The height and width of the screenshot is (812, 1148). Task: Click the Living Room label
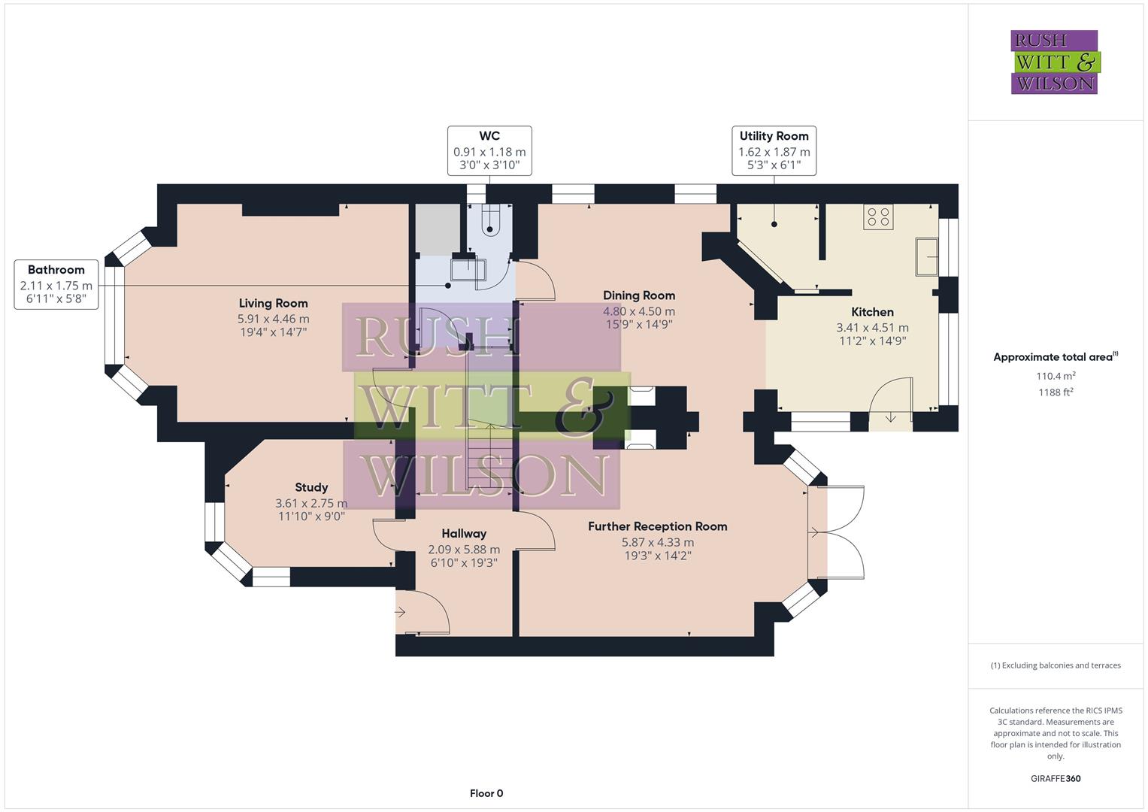[273, 303]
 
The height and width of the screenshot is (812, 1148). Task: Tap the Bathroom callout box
[56, 284]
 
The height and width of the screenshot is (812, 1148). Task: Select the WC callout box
[489, 150]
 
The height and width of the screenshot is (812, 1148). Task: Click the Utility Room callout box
[774, 150]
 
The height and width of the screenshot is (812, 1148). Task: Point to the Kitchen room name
[872, 312]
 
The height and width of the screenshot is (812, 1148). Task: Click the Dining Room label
[638, 295]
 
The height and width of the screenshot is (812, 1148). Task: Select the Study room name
[311, 487]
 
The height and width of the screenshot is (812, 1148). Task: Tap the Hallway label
[464, 534]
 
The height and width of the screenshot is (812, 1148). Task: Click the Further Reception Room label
[657, 526]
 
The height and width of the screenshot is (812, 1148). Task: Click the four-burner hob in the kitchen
[878, 217]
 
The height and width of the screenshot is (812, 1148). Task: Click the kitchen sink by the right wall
[926, 257]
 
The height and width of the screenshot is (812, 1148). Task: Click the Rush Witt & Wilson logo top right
[1054, 62]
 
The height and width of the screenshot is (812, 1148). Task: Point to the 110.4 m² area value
[1056, 376]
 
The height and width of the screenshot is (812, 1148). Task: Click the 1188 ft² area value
[1056, 392]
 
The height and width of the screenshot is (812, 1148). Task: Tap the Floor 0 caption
[486, 793]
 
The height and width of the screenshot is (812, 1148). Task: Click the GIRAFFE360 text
[1056, 778]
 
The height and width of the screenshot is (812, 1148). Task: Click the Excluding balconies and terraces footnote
[1056, 665]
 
